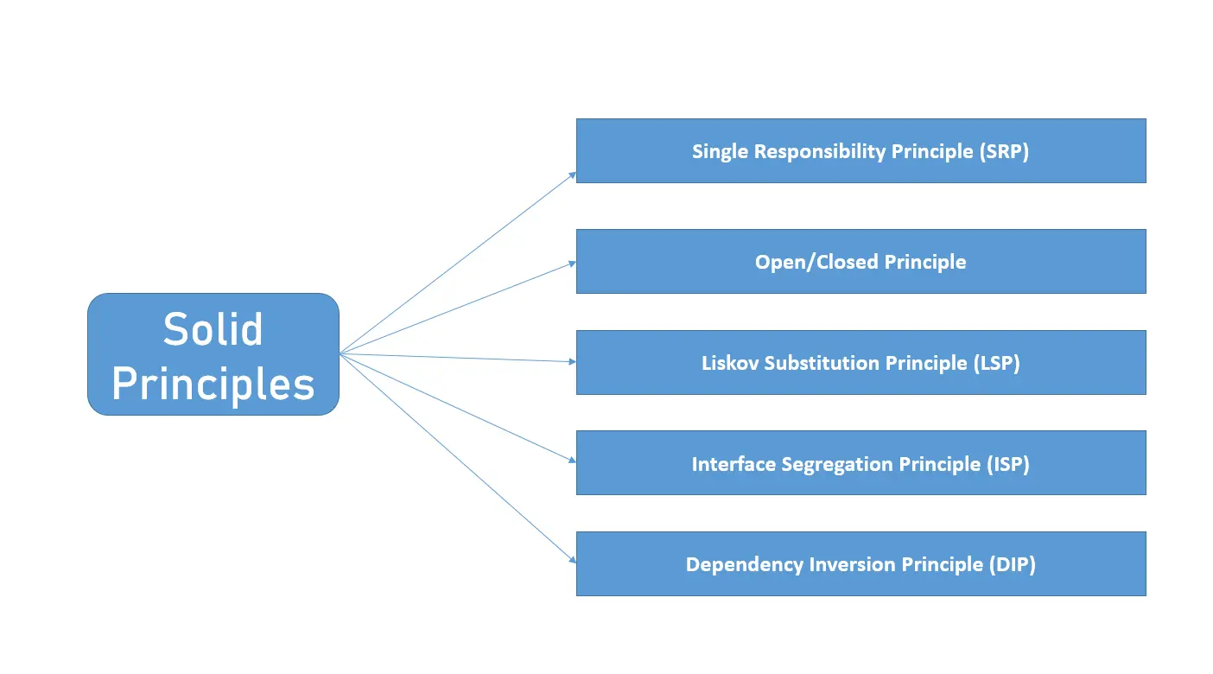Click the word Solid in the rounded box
[x=213, y=330]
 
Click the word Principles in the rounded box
[x=213, y=384]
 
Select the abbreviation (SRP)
[x=1004, y=151]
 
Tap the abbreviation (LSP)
[x=996, y=363]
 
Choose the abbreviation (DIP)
[x=1012, y=565]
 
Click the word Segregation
[x=837, y=464]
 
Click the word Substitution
[x=821, y=363]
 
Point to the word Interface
[x=734, y=464]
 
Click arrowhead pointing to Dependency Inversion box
[x=572, y=560]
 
